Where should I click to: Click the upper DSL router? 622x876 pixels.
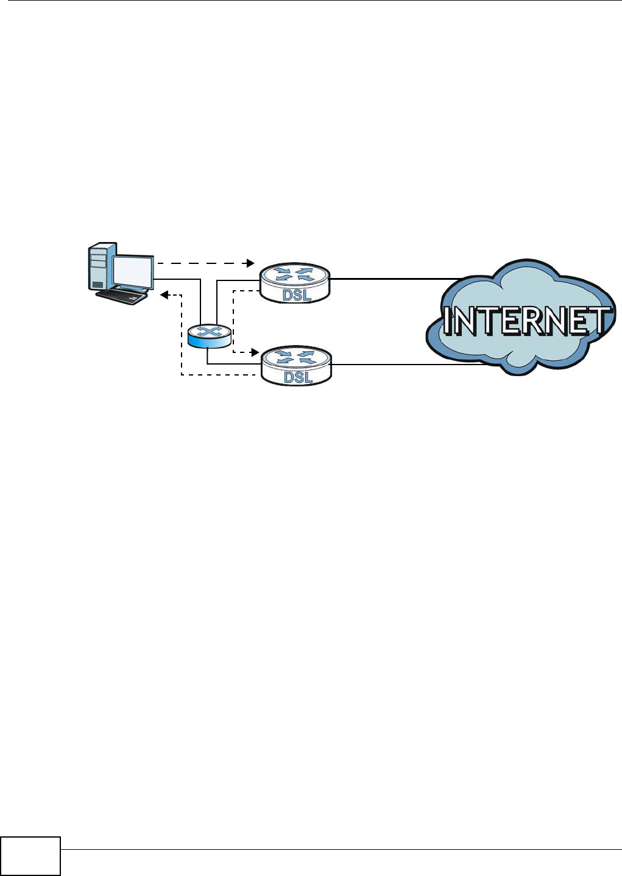(295, 283)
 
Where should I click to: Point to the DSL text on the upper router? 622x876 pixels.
(297, 296)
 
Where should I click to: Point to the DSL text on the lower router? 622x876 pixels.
(298, 378)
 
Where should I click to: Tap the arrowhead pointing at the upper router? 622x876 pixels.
(250, 263)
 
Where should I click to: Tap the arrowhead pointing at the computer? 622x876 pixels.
(164, 295)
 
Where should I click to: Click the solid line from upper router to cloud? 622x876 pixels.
(390, 279)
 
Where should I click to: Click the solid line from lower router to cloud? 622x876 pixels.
(402, 365)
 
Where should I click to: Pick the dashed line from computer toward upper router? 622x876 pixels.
(201, 263)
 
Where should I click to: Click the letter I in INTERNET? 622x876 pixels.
(449, 321)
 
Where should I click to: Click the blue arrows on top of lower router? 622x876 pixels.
(296, 357)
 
